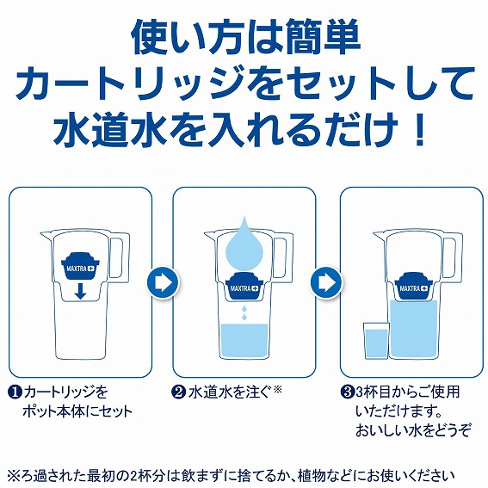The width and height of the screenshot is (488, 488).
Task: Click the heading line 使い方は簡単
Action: [244, 36]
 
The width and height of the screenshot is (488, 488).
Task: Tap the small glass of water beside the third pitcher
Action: [375, 341]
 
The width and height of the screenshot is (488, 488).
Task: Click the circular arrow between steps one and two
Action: [162, 281]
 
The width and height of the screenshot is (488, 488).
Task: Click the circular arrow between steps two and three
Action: [327, 281]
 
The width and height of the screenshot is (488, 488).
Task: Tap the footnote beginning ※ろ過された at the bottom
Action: [244, 474]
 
